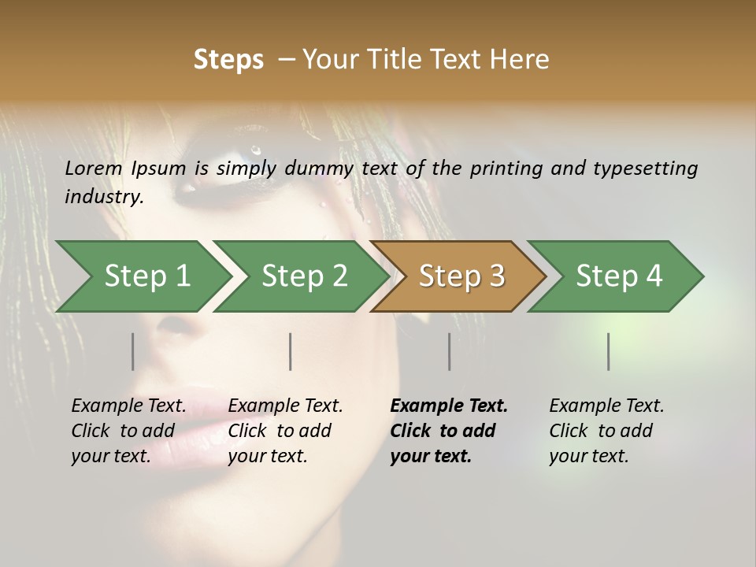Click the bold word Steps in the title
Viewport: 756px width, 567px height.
click(228, 59)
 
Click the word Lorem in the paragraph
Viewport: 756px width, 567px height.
click(94, 168)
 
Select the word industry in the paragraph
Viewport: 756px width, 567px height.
click(103, 196)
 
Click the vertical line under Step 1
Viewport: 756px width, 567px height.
click(132, 351)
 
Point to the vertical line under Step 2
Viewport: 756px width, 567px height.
click(291, 351)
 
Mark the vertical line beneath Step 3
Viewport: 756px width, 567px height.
click(449, 351)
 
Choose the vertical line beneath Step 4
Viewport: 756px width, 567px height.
click(608, 351)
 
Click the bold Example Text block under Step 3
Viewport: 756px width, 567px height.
click(449, 431)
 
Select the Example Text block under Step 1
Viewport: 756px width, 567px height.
click(128, 431)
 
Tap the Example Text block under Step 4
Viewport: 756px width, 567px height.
click(606, 431)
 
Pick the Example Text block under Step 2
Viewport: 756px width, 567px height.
click(285, 431)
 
